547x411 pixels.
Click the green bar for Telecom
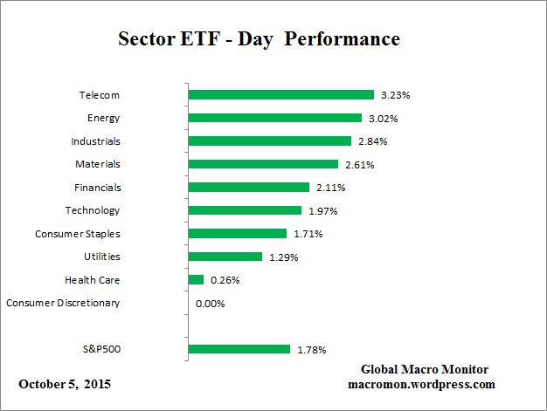(280, 94)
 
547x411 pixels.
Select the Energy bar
(274, 118)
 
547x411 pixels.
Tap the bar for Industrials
(269, 140)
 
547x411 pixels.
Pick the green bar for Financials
(249, 187)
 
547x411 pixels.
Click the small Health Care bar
(196, 280)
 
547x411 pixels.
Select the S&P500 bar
(239, 349)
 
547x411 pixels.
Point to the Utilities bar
(225, 257)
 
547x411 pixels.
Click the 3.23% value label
(395, 94)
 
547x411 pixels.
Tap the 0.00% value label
(211, 304)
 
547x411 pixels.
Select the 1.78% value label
(311, 350)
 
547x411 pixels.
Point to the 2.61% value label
(359, 164)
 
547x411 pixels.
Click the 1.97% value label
(322, 210)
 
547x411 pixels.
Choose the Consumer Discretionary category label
(63, 303)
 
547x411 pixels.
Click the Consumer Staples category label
(77, 234)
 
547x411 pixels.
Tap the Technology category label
(93, 210)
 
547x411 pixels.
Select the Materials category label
(97, 163)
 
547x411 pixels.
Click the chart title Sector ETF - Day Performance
(259, 39)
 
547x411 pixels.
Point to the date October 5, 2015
(65, 384)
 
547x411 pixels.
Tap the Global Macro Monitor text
(424, 369)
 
